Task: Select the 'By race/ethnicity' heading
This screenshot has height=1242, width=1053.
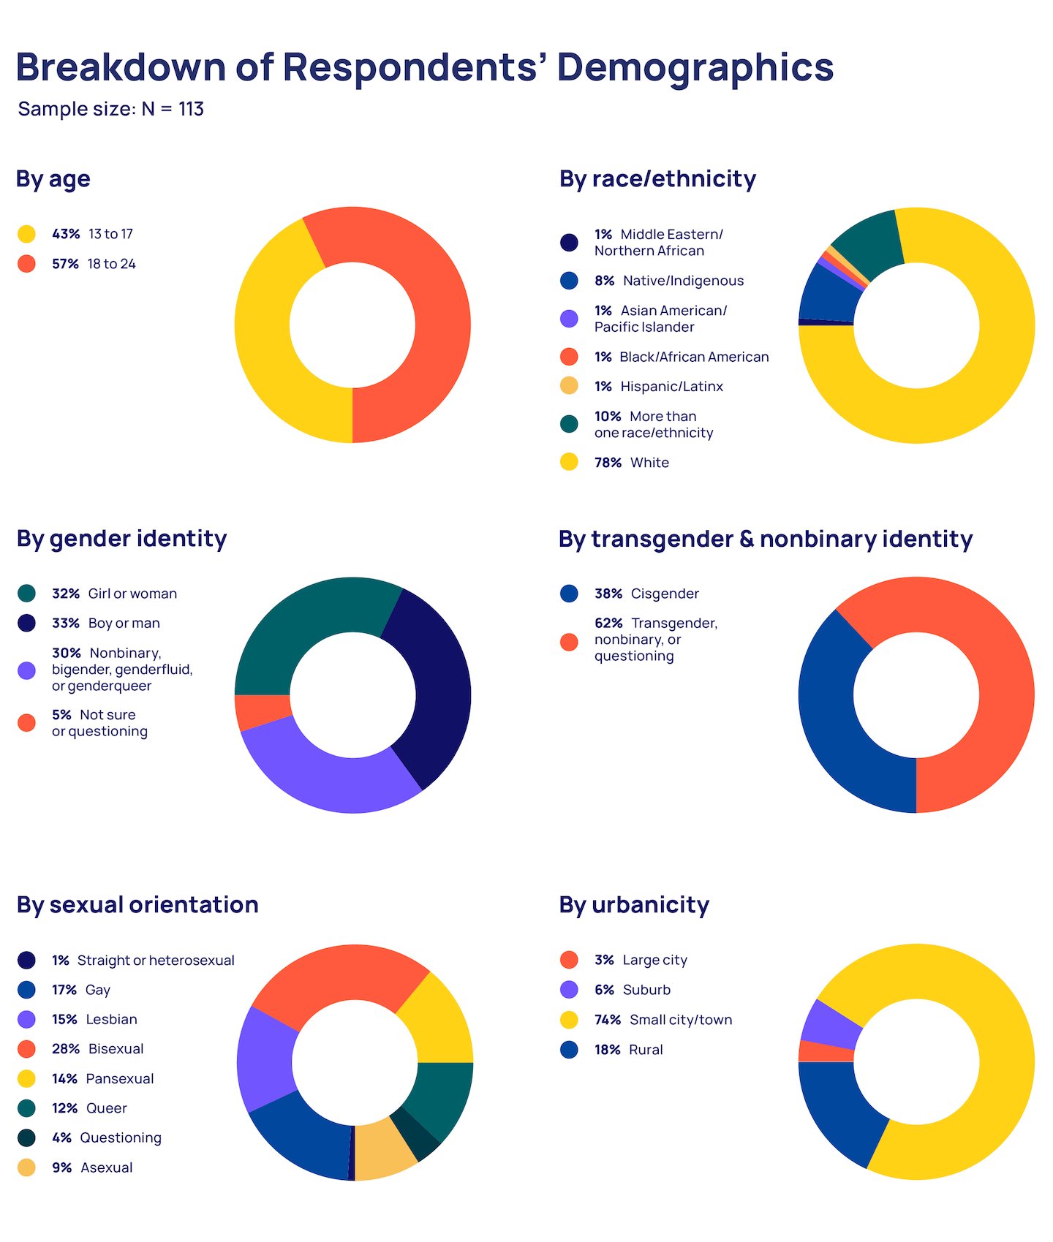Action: pos(657,179)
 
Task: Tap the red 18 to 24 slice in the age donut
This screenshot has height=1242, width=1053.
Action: pos(424,307)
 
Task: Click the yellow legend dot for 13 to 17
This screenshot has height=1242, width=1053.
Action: pos(26,234)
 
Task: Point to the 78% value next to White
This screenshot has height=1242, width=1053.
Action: pos(608,463)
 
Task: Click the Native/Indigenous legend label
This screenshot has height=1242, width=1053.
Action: pos(683,281)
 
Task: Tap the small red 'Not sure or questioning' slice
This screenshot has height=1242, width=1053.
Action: pos(262,712)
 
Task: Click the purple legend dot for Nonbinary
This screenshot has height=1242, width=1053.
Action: pos(26,670)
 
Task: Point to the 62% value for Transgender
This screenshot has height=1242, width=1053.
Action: pos(608,623)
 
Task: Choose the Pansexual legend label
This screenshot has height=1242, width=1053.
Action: pos(120,1079)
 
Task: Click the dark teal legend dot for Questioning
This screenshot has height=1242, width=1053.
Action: pos(26,1138)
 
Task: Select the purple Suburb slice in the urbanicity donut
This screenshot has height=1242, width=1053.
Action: pos(830,1020)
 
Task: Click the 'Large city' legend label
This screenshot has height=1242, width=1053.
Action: pos(654,960)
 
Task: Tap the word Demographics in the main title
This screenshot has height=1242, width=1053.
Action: pos(695,67)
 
